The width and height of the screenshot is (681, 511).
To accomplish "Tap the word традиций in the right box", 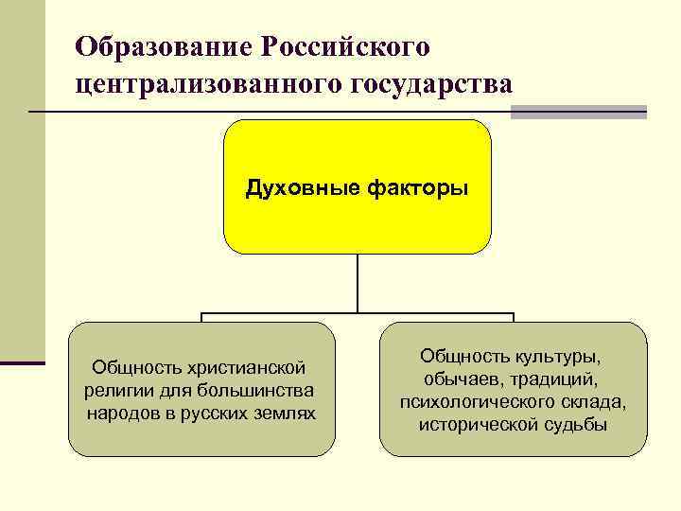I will pyautogui.click(x=557, y=379).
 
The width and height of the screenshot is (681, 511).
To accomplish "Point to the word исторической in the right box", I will pyautogui.click(x=479, y=425).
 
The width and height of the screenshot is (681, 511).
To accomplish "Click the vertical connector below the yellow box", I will pyautogui.click(x=358, y=284).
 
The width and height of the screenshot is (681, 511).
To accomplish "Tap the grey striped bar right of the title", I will pyautogui.click(x=579, y=111).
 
